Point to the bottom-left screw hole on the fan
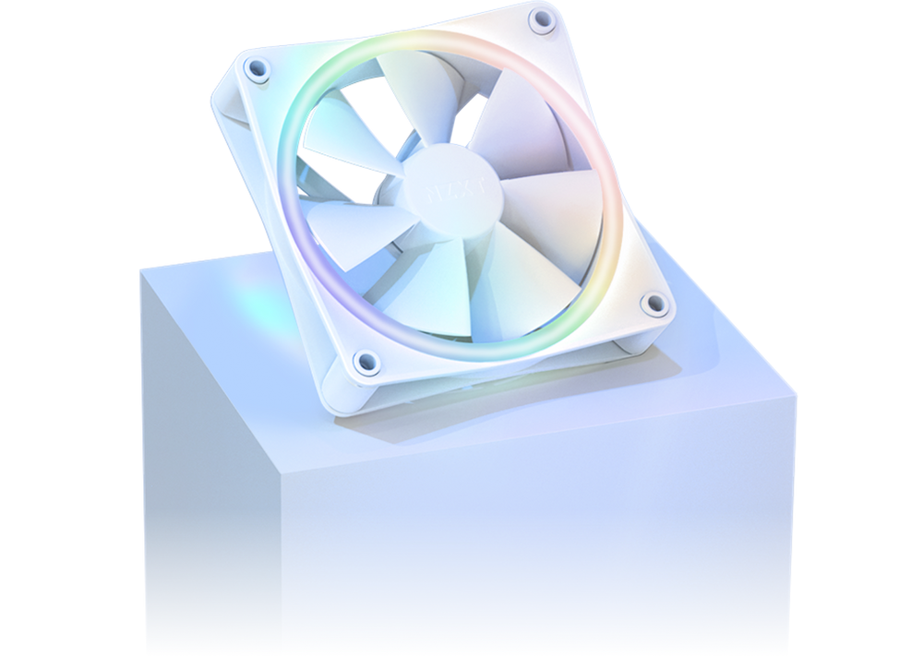[x=366, y=360]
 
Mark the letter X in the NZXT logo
[x=459, y=191]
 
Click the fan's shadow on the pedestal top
[x=517, y=406]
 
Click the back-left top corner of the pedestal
[x=139, y=269]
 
